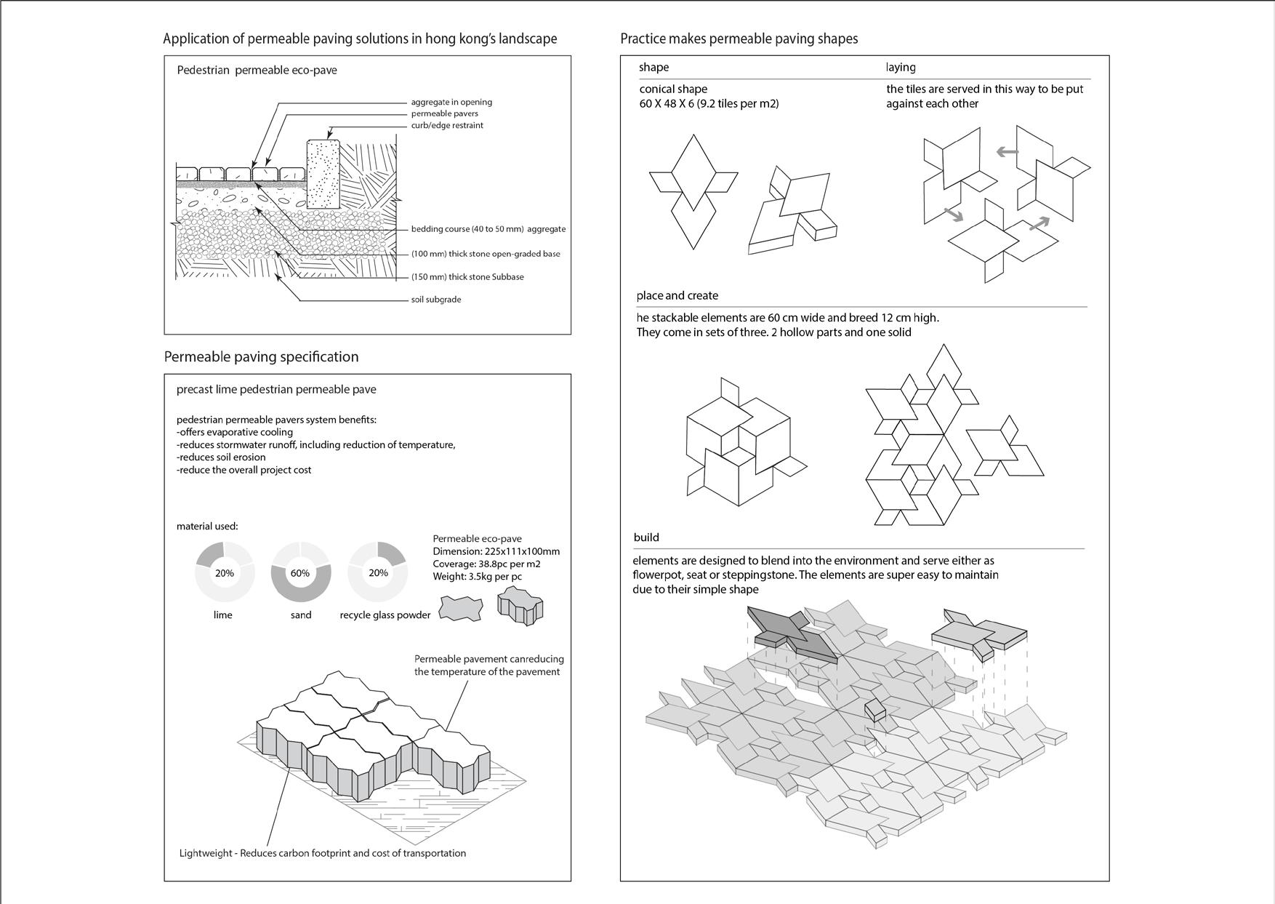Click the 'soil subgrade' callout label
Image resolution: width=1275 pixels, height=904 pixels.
[436, 300]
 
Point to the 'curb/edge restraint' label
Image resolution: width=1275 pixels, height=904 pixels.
[447, 125]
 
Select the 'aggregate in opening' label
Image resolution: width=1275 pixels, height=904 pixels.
[451, 102]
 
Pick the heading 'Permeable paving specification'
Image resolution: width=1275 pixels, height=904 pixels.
[261, 357]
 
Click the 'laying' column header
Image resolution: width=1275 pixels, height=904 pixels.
[901, 68]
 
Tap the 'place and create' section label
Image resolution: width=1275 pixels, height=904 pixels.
[677, 295]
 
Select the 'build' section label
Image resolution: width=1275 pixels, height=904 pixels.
[646, 537]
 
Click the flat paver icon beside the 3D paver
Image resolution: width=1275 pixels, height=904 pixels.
[461, 608]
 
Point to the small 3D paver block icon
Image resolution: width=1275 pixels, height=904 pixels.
[519, 607]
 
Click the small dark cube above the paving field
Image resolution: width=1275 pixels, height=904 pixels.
[875, 711]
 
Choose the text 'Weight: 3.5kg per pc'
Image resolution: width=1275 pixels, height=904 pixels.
[477, 577]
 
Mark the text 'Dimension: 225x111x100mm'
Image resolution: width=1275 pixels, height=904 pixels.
[496, 551]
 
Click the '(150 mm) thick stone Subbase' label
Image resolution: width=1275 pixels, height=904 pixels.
[467, 277]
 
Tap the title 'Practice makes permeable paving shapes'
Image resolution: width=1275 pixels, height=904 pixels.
[739, 39]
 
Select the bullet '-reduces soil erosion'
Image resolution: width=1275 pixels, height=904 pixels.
[221, 457]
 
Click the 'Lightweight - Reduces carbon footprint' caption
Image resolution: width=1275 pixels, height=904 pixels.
[323, 853]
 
